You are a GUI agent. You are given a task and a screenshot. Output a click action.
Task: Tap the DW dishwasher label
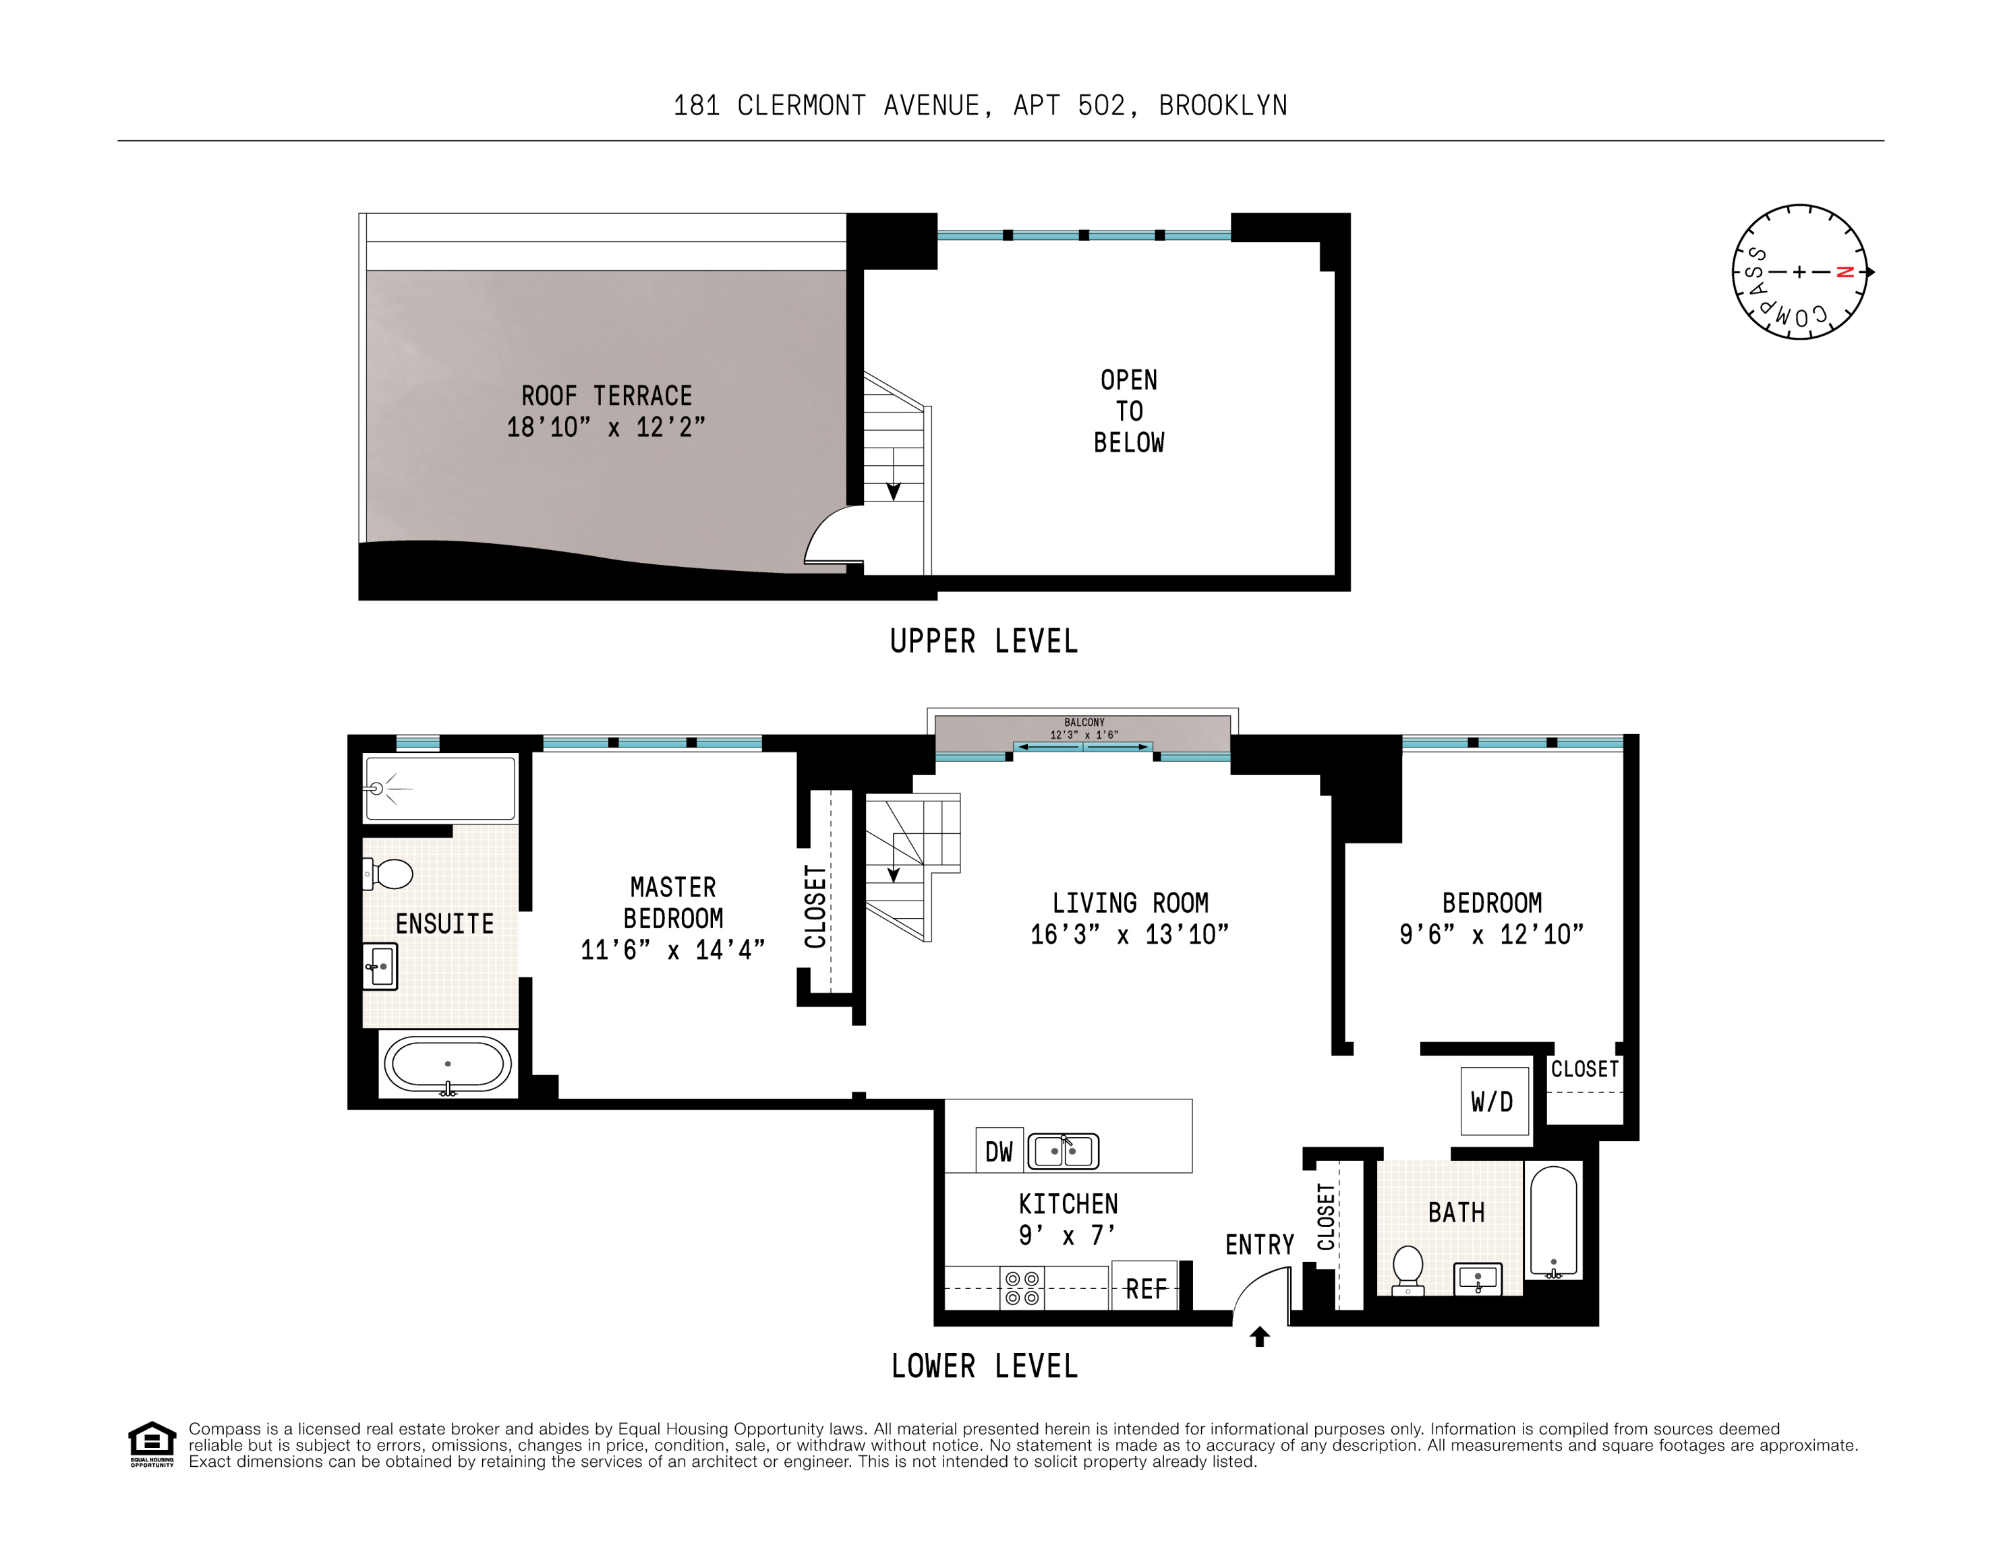(999, 1151)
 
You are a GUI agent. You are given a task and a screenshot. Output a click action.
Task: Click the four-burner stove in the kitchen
(1022, 1288)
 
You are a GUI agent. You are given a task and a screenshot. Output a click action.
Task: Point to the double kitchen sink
(1063, 1151)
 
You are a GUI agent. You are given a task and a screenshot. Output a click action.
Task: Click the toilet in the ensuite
(389, 874)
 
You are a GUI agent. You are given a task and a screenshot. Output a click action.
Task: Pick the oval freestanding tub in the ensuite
(448, 1064)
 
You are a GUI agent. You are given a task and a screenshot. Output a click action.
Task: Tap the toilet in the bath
(1407, 1270)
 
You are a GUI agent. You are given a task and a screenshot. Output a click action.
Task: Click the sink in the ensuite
(380, 967)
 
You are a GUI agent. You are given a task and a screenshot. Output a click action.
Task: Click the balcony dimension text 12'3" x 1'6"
(1084, 735)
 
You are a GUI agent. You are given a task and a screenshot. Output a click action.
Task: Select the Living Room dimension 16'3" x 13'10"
(1129, 934)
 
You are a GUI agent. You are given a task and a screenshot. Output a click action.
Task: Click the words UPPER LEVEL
(984, 641)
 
